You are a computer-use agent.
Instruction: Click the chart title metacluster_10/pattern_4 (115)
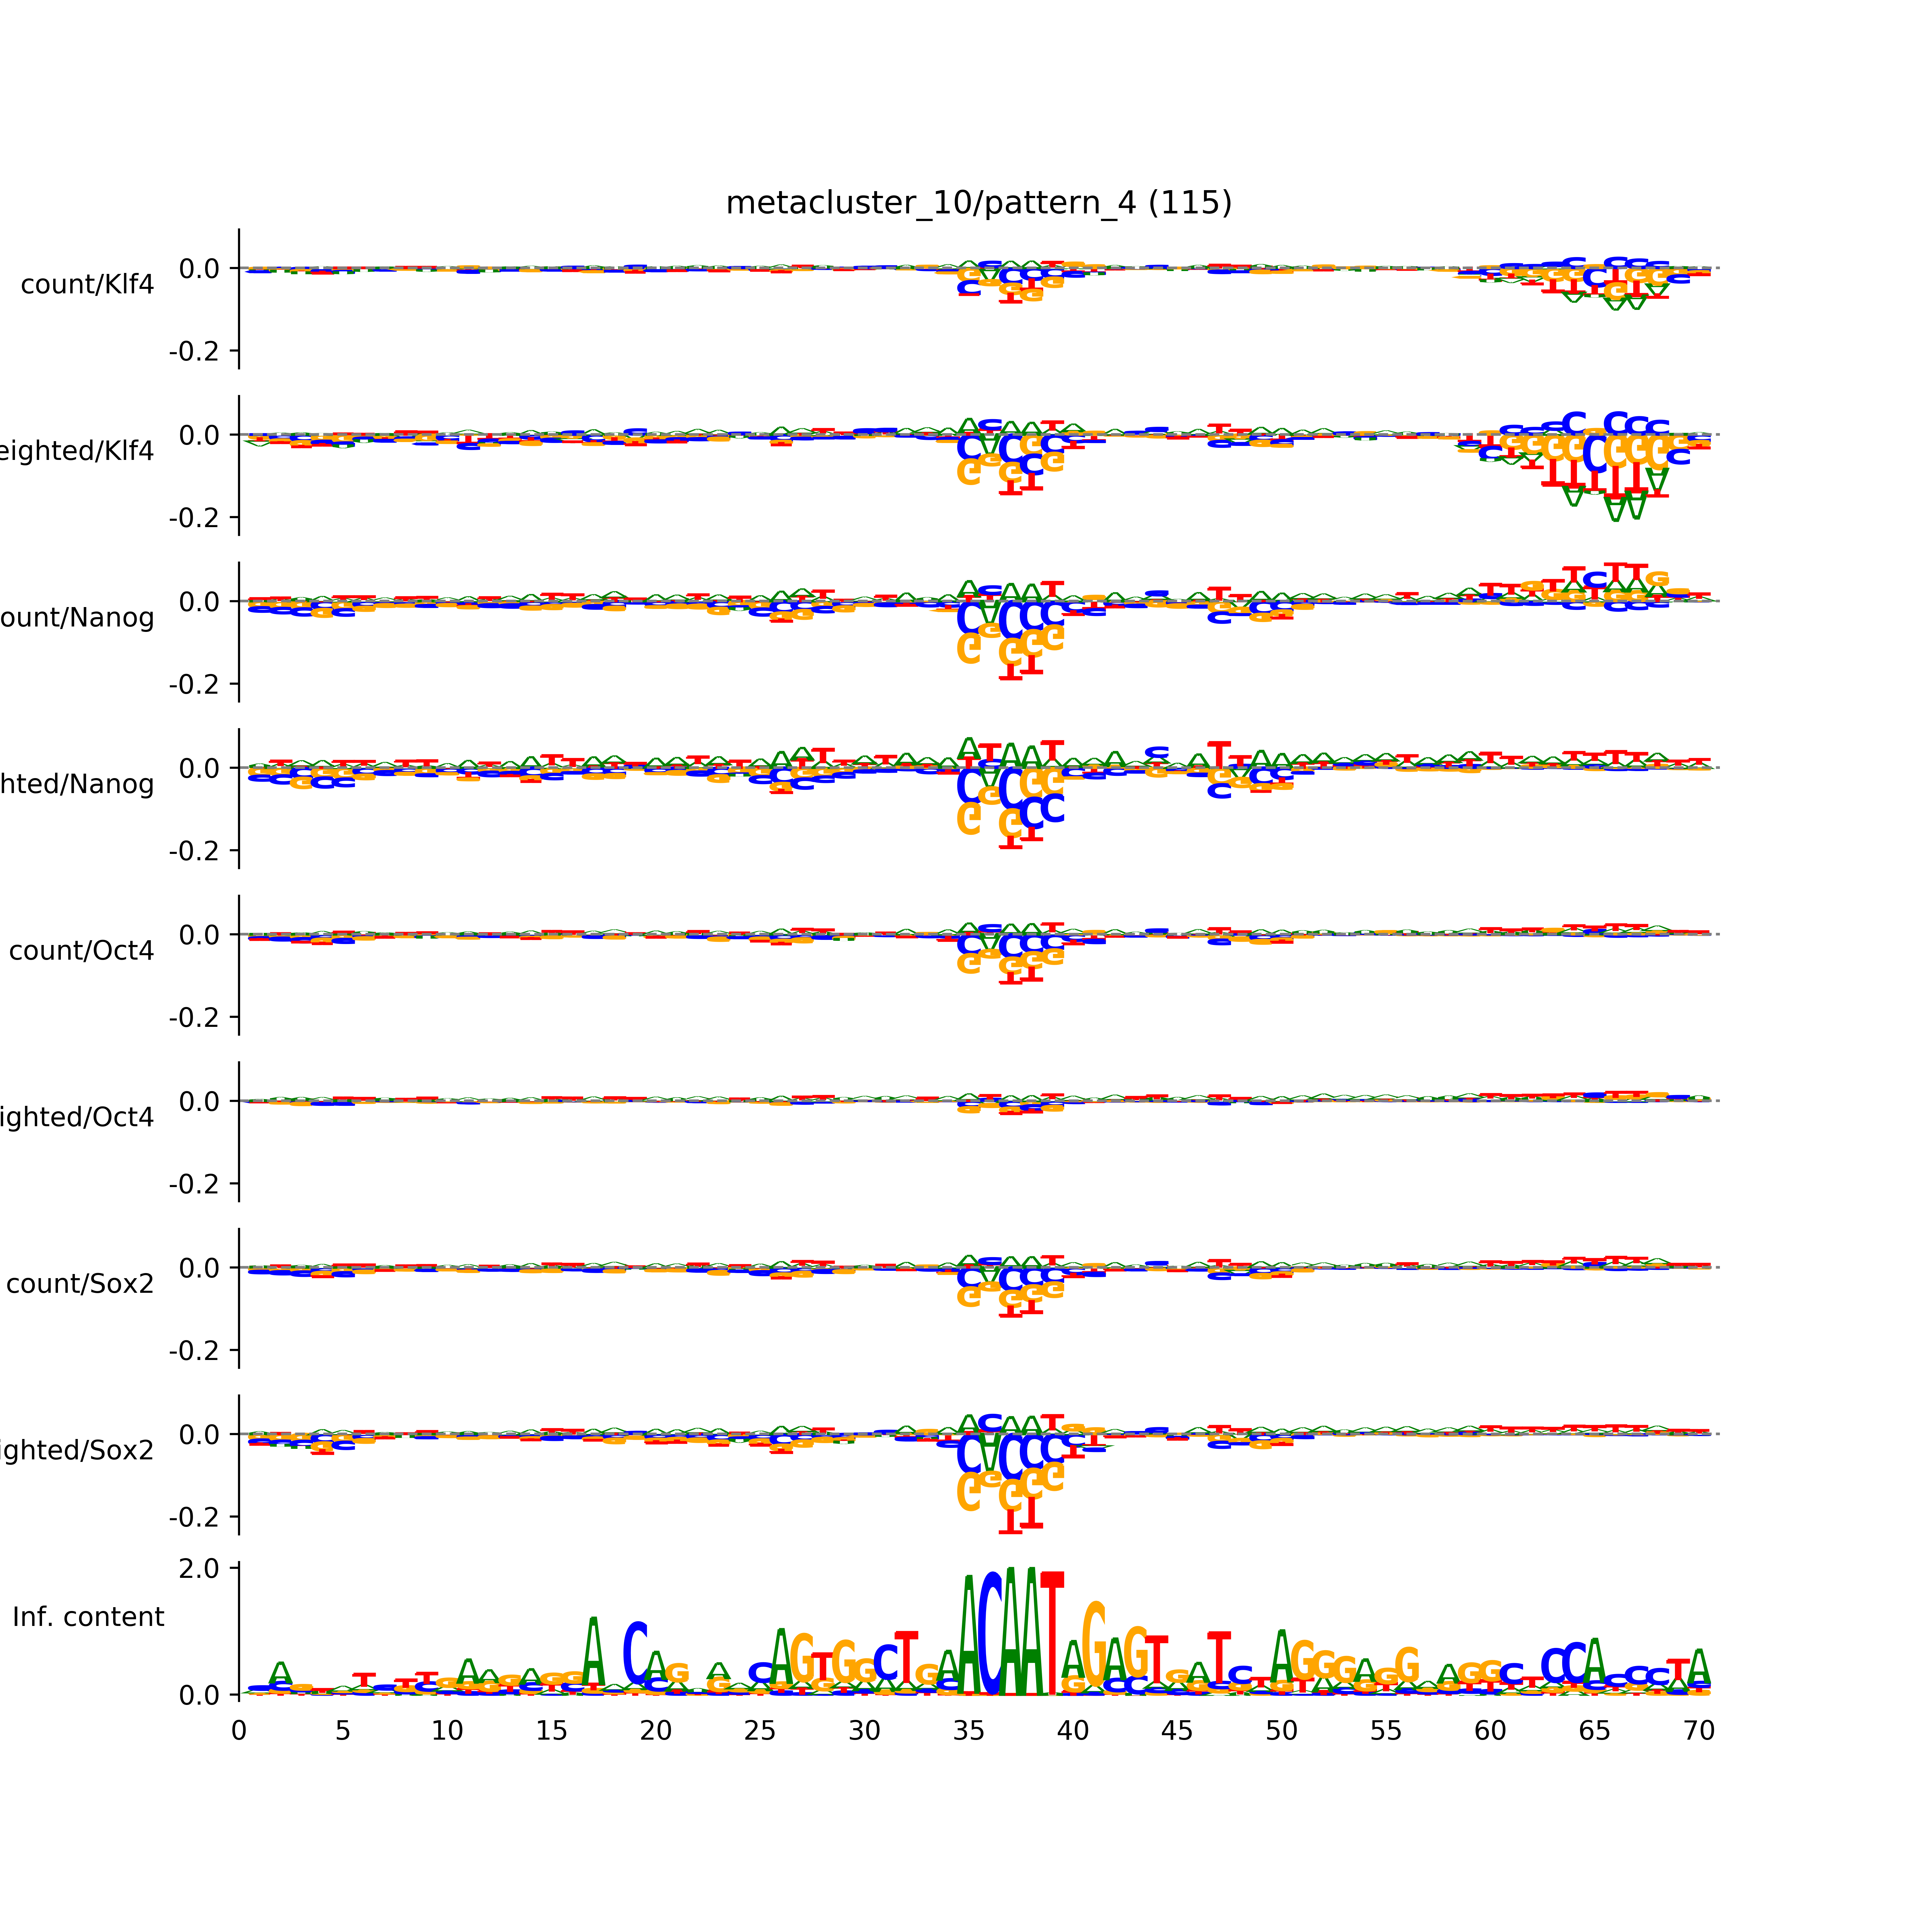tap(978, 203)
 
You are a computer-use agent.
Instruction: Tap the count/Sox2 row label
tap(80, 1284)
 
